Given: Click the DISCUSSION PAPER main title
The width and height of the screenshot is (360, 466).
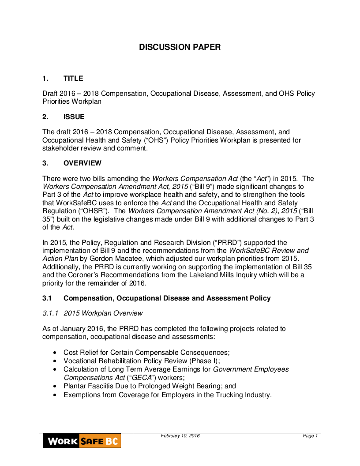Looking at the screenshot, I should coord(180,47).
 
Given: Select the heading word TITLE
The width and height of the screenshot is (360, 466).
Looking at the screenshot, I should coord(73,79).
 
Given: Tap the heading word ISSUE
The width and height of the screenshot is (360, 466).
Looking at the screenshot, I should coord(74,117).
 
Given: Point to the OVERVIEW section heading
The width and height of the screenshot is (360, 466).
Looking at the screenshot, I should coord(82,163).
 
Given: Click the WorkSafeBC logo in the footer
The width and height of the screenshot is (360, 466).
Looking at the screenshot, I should coord(82,441).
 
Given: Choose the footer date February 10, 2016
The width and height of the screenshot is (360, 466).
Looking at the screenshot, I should coord(180,436).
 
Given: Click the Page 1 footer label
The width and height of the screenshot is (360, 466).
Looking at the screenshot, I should coord(310,436).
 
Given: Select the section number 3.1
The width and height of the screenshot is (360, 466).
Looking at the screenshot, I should coord(47,298).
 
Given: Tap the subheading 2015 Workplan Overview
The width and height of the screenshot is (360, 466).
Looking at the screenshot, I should coord(103,313).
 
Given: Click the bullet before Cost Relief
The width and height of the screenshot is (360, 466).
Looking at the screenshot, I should coord(54,353).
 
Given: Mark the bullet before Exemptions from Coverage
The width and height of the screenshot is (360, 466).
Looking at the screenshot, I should coord(54,395).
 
